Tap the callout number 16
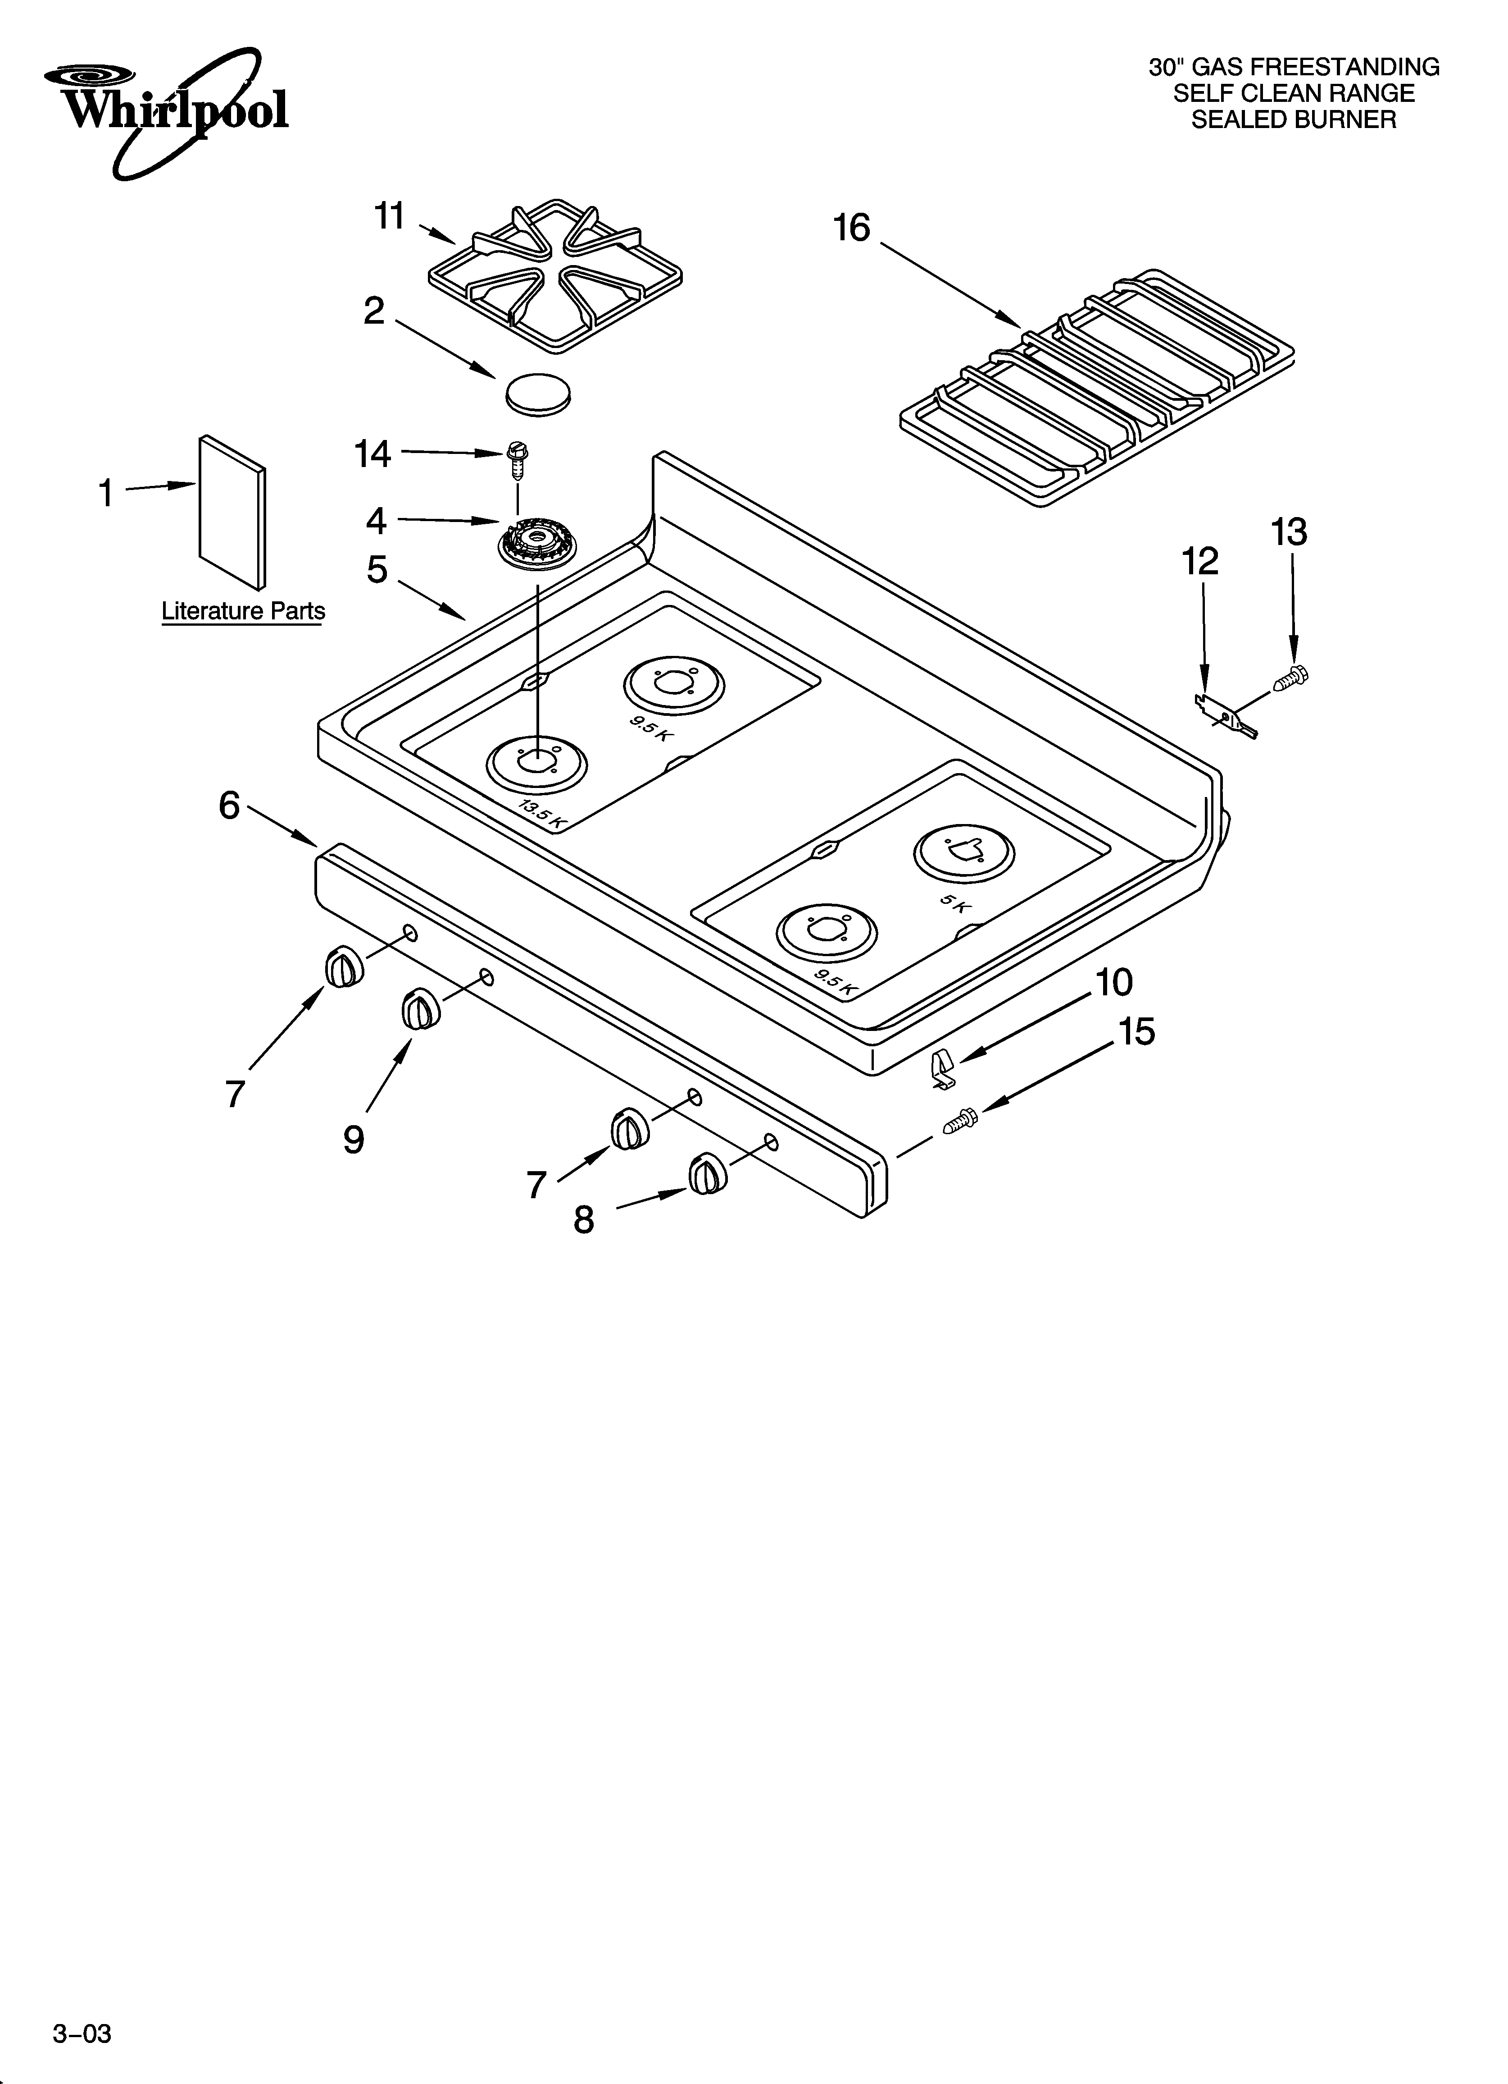pyautogui.click(x=851, y=228)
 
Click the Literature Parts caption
pyautogui.click(x=243, y=611)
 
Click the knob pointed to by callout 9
pyautogui.click(x=419, y=1011)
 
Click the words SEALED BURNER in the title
pyautogui.click(x=1293, y=119)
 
